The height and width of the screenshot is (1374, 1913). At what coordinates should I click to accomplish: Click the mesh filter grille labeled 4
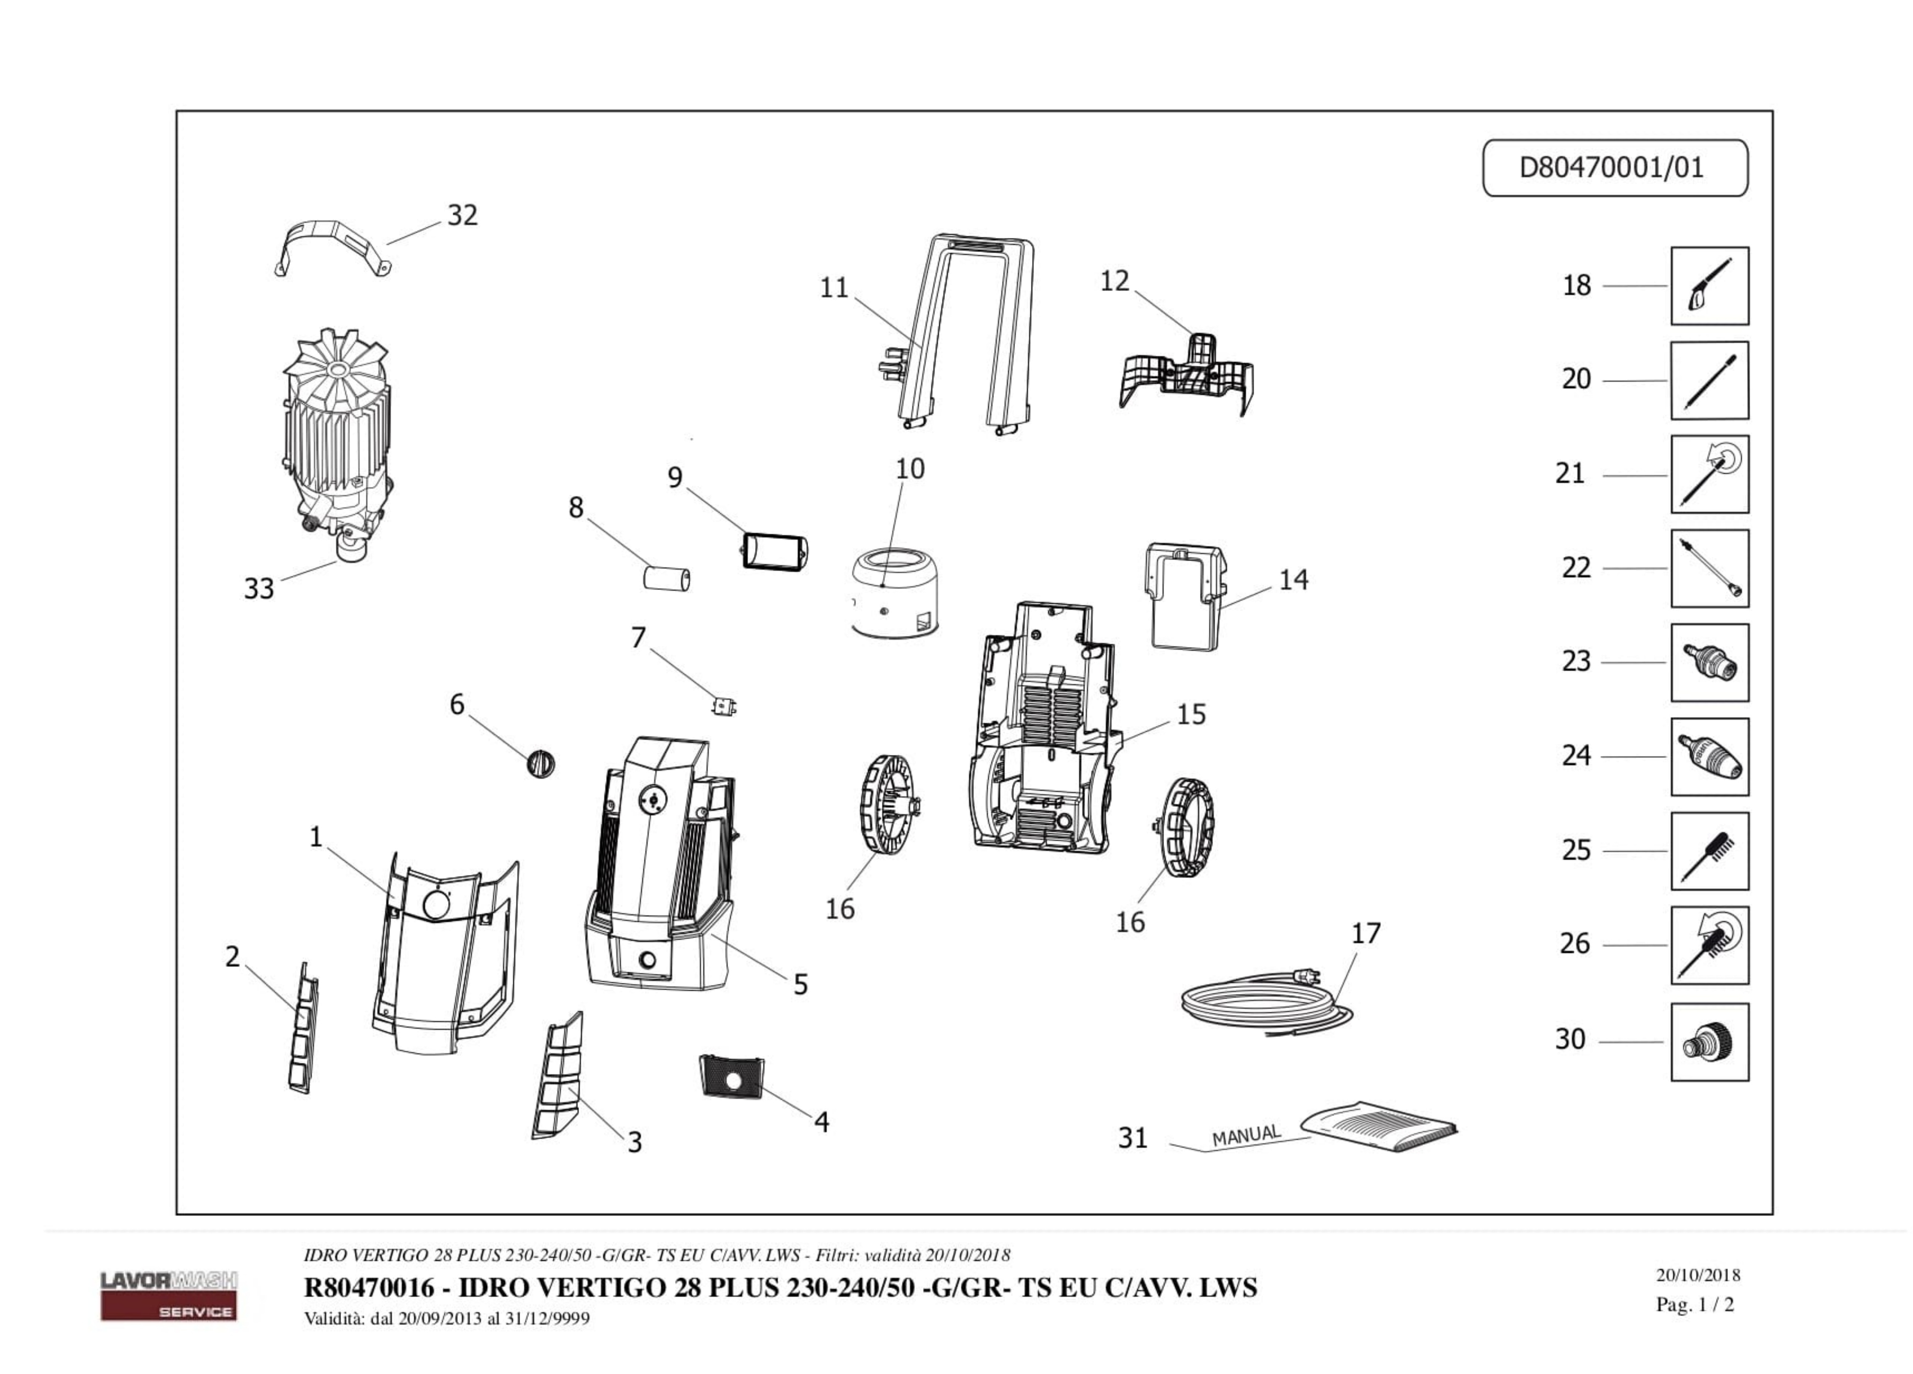731,1076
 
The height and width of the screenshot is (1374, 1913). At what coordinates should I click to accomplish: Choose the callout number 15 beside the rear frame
1191,714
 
